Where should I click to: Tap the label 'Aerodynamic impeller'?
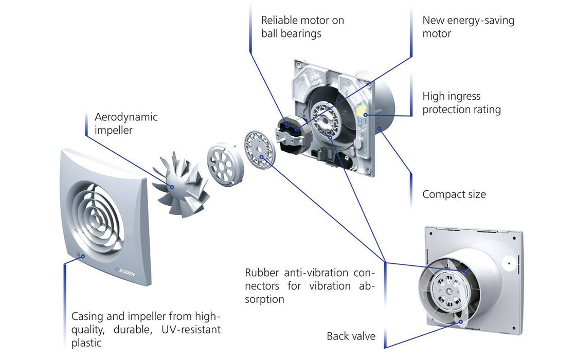pos(126,123)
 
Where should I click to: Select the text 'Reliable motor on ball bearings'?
pos(302,27)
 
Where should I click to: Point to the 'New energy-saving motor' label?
pos(468,27)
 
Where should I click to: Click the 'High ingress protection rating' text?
pos(461,103)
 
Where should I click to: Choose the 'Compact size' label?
pos(454,194)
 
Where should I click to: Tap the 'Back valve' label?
pos(351,336)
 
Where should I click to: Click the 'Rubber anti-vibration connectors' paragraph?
pos(310,285)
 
